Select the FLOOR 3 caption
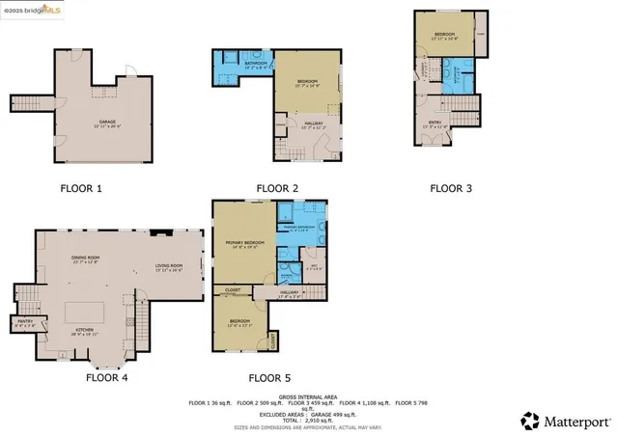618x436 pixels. coord(451,188)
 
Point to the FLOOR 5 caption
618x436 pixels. coord(269,378)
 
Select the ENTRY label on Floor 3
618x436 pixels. coord(435,123)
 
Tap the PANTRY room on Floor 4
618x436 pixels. coord(25,325)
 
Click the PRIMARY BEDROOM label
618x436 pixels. coord(244,242)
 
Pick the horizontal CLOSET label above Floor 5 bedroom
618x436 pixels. coord(233,289)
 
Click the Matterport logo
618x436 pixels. coord(560,420)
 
